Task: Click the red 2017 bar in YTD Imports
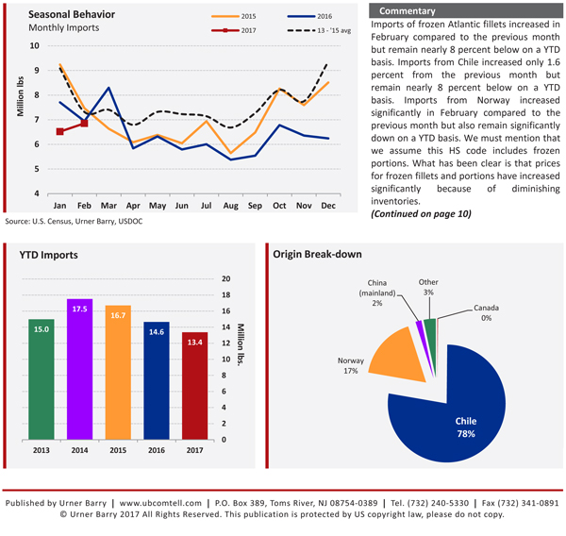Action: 194,386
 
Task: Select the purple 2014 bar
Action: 79,369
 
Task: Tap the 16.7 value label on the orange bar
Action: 118,315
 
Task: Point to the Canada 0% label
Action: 486,312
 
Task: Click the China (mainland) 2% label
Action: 376,293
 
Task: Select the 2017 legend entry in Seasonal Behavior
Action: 234,30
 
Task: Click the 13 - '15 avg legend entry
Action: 319,30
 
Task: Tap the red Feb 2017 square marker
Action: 84,124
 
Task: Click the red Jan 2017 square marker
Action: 60,131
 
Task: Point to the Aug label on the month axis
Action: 231,206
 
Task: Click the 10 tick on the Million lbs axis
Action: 35,46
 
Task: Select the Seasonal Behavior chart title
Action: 72,14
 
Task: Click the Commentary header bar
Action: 466,10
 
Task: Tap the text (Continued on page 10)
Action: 421,214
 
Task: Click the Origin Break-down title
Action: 317,254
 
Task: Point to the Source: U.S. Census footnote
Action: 74,221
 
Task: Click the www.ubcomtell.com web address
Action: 160,503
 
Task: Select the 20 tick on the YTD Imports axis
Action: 226,278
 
